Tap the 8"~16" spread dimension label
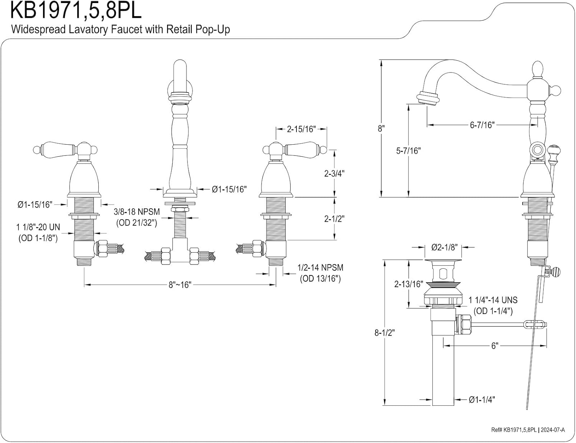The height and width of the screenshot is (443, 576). [180, 285]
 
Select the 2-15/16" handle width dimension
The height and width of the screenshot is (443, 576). [301, 129]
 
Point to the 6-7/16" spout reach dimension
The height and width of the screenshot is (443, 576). [482, 125]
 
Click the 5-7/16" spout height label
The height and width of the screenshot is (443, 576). [408, 150]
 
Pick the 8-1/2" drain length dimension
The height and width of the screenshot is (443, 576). [384, 332]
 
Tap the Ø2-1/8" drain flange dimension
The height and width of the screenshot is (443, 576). [444, 247]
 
